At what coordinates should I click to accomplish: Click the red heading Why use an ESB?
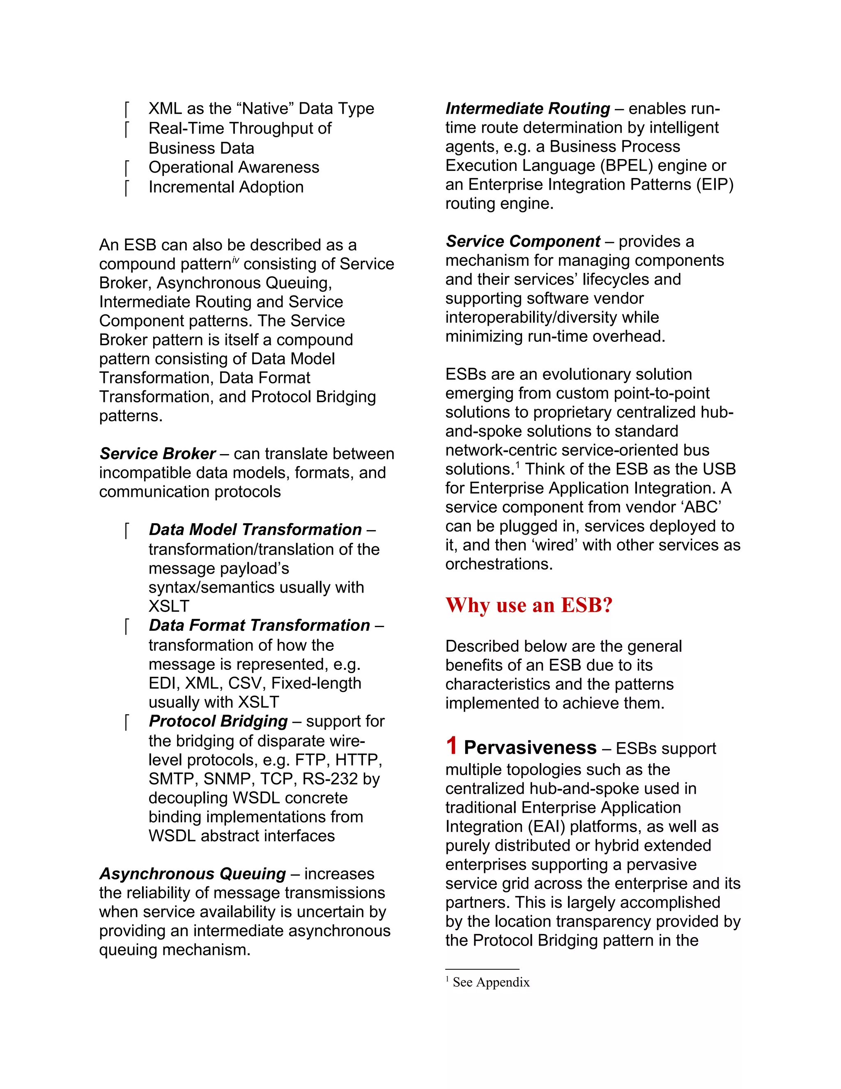528,605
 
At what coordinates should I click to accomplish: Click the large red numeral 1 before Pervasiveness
451,746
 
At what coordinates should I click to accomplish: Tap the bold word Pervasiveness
530,748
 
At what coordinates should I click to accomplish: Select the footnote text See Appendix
491,982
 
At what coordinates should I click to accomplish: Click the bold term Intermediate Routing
528,108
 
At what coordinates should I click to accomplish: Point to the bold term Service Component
523,241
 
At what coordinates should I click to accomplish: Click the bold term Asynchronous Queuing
192,874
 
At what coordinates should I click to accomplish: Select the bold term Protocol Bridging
218,721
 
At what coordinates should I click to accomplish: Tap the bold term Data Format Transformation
259,625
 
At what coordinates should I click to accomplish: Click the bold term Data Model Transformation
255,530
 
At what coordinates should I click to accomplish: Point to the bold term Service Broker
157,454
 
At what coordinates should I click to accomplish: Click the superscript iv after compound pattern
236,259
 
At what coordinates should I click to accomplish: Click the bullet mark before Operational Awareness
127,168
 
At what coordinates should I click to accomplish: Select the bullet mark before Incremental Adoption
127,188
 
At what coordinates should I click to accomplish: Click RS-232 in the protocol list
330,779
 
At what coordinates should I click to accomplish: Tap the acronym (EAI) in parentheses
547,827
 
